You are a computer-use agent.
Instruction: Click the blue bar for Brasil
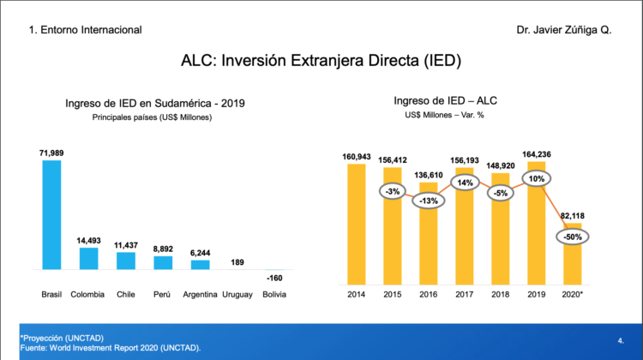(51, 214)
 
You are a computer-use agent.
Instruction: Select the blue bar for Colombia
(89, 258)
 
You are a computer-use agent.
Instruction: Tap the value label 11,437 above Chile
(126, 244)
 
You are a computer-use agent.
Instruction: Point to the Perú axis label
(163, 295)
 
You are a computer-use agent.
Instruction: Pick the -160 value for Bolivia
(274, 278)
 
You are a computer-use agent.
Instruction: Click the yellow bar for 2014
(356, 223)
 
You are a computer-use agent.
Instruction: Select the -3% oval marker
(392, 190)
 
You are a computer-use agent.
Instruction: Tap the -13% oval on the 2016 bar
(429, 201)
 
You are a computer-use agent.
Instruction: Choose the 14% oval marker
(465, 183)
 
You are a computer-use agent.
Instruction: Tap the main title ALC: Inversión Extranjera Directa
(321, 61)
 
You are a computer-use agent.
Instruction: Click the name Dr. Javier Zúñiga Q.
(564, 30)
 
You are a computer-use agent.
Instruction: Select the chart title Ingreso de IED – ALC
(445, 101)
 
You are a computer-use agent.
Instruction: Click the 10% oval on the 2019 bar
(538, 180)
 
